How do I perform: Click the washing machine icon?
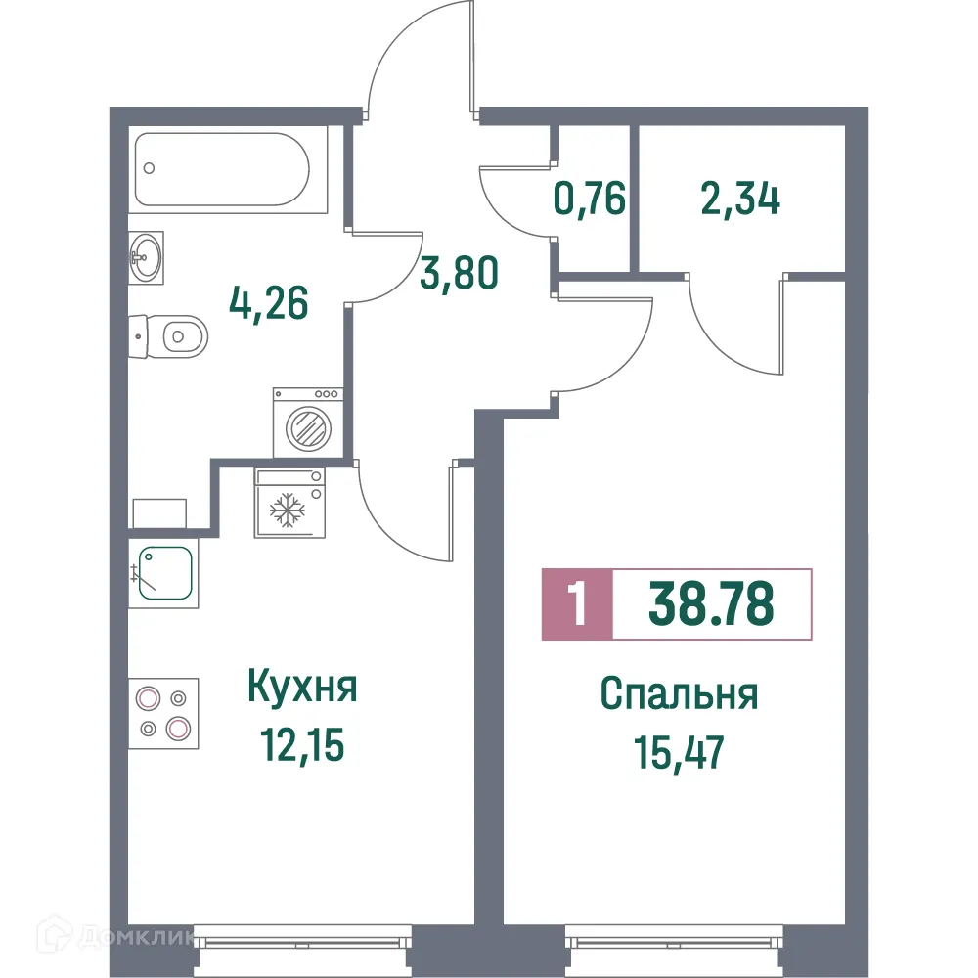pyautogui.click(x=307, y=422)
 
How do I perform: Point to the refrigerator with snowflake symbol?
pyautogui.click(x=289, y=503)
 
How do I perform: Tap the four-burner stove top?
pyautogui.click(x=163, y=712)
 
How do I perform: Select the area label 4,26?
pyautogui.click(x=269, y=303)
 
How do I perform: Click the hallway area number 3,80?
pyautogui.click(x=460, y=272)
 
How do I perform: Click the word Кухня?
pyautogui.click(x=302, y=688)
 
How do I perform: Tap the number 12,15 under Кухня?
pyautogui.click(x=302, y=746)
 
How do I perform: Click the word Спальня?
pyautogui.click(x=679, y=695)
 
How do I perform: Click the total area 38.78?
pyautogui.click(x=711, y=605)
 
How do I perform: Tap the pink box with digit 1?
pyautogui.click(x=577, y=605)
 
